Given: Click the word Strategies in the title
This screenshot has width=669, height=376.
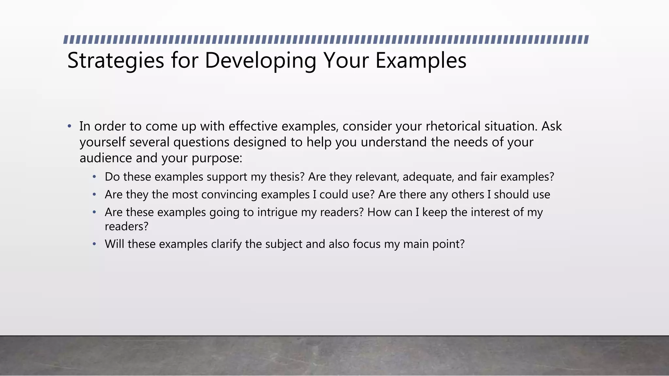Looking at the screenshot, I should point(115,61).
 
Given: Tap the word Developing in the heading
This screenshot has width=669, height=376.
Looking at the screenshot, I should point(260,61).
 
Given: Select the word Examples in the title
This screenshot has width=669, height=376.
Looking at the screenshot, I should point(421,61).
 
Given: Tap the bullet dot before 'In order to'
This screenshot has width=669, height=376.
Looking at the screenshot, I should point(69,126).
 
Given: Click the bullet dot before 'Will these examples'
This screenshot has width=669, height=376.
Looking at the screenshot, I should point(94,244).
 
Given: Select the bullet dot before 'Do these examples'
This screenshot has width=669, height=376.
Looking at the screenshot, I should point(94,177).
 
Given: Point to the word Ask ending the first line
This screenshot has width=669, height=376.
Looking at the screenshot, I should point(551,126).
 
